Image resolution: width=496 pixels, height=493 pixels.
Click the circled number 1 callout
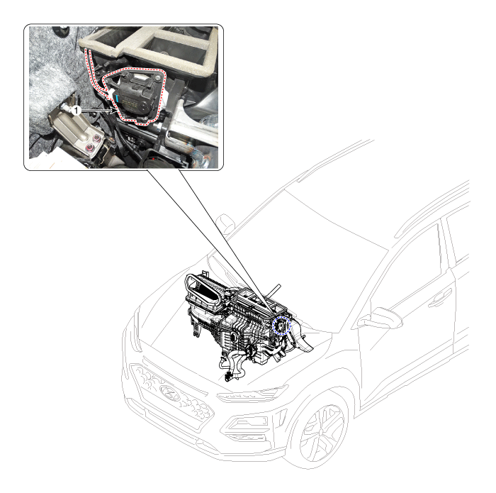point(76,111)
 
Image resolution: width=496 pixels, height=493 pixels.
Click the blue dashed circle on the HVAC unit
point(281,326)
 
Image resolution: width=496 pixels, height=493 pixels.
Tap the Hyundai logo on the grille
point(170,393)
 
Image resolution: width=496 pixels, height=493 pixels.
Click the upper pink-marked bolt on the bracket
point(97,138)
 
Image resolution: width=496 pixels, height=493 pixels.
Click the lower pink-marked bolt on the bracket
point(90,148)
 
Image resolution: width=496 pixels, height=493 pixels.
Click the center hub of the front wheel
point(322,432)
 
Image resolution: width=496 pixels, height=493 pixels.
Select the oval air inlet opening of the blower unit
point(203,286)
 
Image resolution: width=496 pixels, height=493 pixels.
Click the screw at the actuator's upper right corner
point(157,78)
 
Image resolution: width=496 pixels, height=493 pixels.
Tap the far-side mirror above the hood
point(225,223)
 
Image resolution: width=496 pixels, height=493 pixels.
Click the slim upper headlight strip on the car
point(252,394)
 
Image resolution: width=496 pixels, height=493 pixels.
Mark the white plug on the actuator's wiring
point(112,93)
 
